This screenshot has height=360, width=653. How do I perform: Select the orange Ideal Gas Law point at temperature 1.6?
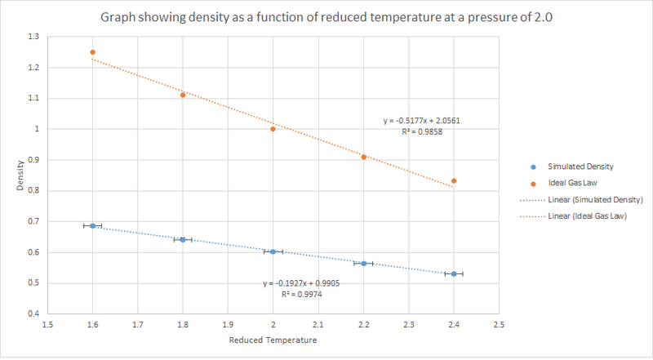pyautogui.click(x=92, y=52)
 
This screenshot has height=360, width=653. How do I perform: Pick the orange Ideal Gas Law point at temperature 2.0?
pyautogui.click(x=273, y=129)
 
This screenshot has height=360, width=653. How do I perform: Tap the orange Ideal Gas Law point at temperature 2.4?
pyautogui.click(x=453, y=180)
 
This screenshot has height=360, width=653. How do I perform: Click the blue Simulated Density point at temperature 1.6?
pyautogui.click(x=92, y=225)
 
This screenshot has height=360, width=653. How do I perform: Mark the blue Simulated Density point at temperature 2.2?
pyautogui.click(x=363, y=264)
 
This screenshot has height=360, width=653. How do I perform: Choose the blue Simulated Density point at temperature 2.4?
pyautogui.click(x=453, y=273)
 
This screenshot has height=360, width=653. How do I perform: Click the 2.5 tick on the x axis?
pyautogui.click(x=498, y=324)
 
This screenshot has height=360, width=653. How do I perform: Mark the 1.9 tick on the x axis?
pyautogui.click(x=228, y=324)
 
